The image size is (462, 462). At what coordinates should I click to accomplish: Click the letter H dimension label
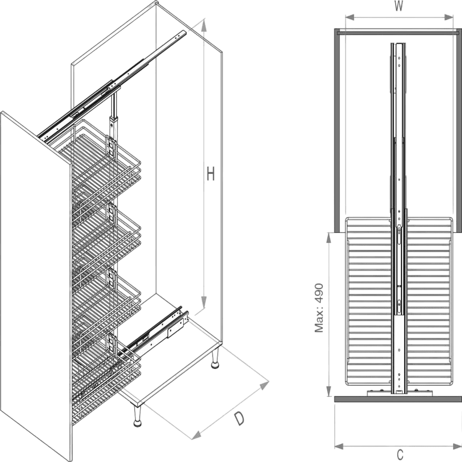[210, 173]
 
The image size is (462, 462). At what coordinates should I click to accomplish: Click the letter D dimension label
[239, 419]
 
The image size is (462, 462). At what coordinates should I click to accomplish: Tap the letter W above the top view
[398, 6]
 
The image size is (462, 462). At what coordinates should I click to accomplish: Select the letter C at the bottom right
[400, 455]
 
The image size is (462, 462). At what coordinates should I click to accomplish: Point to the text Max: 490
[319, 308]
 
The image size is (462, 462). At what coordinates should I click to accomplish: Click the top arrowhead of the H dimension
[203, 25]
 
